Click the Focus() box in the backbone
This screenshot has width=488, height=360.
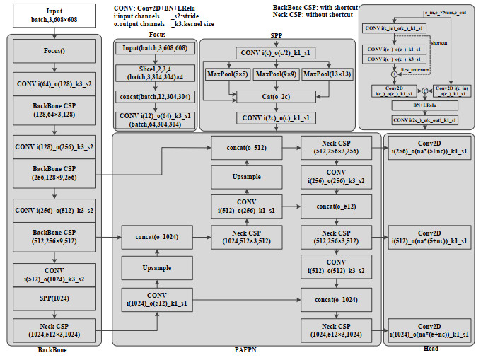coord(54,52)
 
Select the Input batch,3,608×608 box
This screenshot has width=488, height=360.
coord(54,16)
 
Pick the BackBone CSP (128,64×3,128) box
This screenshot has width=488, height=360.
coord(54,109)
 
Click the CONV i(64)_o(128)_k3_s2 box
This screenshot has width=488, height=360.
coord(54,83)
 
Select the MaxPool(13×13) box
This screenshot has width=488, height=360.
coord(327,74)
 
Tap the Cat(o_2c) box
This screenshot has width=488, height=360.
coord(277,96)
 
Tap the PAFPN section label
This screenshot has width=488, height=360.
coord(245,350)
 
